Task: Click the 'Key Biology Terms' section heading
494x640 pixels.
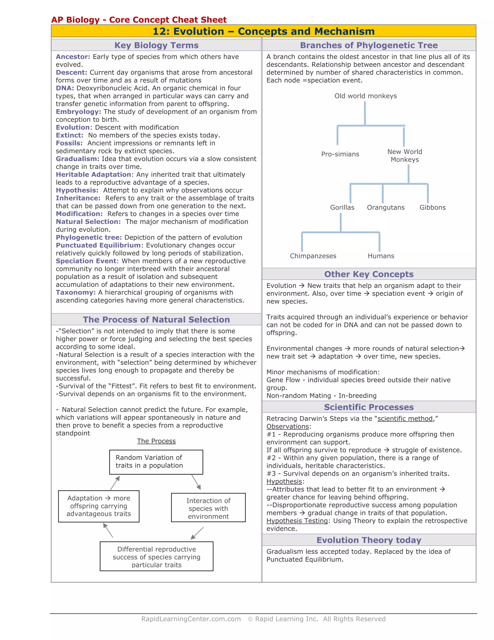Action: [156, 45]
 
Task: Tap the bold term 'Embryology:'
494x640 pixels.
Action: [78, 112]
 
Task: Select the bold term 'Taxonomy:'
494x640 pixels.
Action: [75, 292]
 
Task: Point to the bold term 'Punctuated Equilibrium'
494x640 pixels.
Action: [98, 245]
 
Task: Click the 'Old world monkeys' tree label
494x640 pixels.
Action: [365, 96]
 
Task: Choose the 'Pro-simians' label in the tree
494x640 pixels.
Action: [340, 154]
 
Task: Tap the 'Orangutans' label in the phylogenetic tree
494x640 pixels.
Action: [386, 207]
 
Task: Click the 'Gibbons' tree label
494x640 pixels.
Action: [432, 207]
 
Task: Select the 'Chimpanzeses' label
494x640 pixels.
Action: [313, 256]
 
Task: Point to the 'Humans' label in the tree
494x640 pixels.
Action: [381, 256]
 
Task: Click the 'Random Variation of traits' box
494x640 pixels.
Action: [156, 462]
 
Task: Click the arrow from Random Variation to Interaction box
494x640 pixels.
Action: [196, 482]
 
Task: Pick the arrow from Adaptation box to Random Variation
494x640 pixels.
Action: [115, 483]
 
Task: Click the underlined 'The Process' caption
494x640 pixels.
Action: [156, 441]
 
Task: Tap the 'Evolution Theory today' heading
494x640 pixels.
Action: [369, 540]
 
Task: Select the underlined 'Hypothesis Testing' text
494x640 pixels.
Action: [297, 521]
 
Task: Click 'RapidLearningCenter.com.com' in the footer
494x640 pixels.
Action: [191, 619]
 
